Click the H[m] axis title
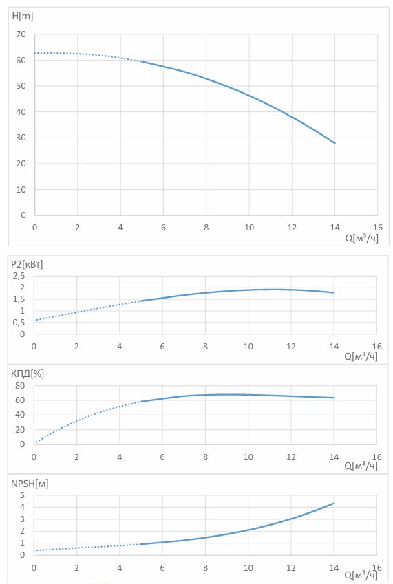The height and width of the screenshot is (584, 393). [x=23, y=17]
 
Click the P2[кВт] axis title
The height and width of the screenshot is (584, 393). [x=27, y=264]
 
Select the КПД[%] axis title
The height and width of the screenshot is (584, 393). [x=28, y=374]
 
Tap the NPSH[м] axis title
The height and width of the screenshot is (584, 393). [x=30, y=484]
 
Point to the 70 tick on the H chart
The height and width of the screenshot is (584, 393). [x=21, y=34]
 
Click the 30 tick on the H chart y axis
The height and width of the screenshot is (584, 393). [x=21, y=138]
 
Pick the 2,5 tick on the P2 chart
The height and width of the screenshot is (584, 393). [x=19, y=276]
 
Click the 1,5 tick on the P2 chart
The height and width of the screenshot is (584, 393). [x=19, y=299]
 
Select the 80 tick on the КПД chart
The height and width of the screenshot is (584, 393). [x=20, y=386]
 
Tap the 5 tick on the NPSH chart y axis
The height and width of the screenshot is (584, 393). [x=22, y=495]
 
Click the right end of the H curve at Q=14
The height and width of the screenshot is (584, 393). [x=335, y=143]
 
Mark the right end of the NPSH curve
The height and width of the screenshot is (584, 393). [x=334, y=504]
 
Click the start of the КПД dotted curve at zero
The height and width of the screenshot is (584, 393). [x=34, y=444]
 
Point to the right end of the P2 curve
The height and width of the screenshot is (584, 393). [x=334, y=293]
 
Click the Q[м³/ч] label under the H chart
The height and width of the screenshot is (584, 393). [x=362, y=237]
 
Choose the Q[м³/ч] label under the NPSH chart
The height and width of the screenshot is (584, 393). [x=361, y=575]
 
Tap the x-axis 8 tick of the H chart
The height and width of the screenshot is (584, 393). [x=206, y=227]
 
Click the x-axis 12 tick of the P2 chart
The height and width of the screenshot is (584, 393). [x=291, y=347]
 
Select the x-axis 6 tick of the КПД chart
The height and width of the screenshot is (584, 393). [x=162, y=457]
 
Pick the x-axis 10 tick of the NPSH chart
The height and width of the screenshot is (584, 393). [x=248, y=568]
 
